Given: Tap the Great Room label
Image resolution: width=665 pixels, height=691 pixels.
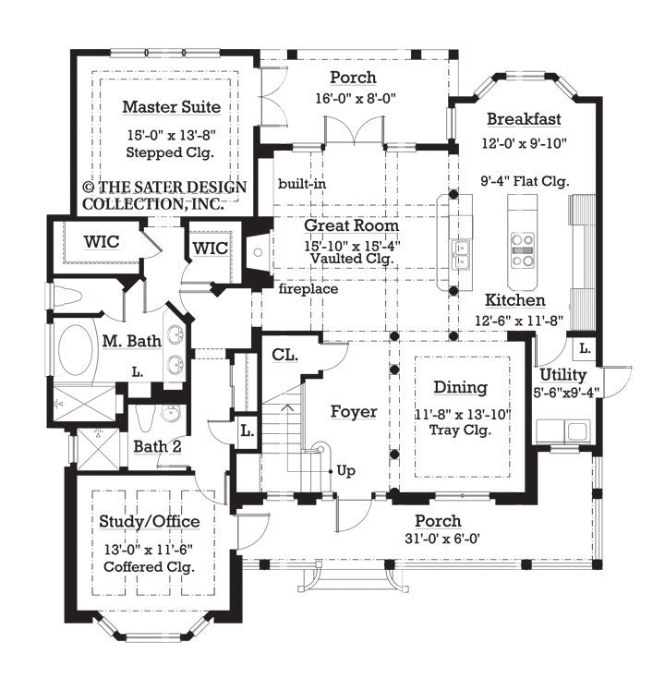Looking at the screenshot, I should [x=353, y=224].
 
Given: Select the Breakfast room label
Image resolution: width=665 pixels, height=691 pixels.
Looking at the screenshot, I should [x=524, y=119].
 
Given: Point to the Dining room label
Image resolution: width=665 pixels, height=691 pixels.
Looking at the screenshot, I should [x=462, y=389].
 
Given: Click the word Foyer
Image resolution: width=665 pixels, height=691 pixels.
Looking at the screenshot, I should [x=354, y=411].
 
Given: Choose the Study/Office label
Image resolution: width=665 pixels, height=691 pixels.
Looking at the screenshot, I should [x=149, y=522].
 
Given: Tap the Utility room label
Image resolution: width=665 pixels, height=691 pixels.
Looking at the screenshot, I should [x=562, y=374].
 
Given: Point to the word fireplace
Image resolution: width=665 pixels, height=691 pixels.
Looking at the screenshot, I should [x=308, y=289].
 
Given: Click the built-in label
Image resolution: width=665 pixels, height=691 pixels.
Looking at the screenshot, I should [x=300, y=184].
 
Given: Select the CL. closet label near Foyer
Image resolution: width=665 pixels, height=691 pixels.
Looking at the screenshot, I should [x=284, y=354].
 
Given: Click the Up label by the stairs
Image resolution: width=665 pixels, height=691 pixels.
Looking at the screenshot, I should [x=345, y=469].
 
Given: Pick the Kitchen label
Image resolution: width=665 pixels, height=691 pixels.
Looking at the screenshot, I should [x=515, y=300].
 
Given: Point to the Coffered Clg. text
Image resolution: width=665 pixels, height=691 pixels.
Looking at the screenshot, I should [x=149, y=564].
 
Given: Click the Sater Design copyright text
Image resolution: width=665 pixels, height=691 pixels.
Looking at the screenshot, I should [x=164, y=195].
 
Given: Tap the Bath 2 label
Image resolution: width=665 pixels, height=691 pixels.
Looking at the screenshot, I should [x=157, y=447].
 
